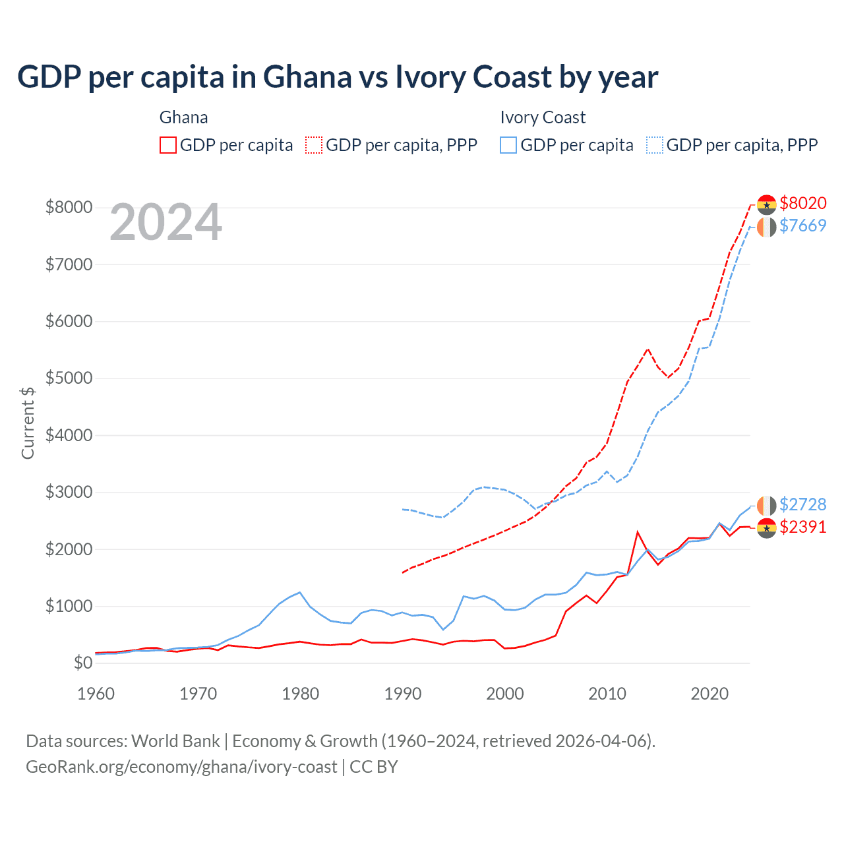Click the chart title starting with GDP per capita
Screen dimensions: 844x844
click(x=337, y=77)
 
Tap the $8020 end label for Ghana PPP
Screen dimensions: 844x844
click(x=802, y=203)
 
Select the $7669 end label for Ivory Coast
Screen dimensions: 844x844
click(x=802, y=226)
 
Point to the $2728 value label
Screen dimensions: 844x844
click(x=802, y=504)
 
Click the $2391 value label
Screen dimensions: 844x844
click(x=802, y=527)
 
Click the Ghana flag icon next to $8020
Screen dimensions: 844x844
click(x=766, y=204)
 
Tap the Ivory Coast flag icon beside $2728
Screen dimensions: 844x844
click(x=766, y=506)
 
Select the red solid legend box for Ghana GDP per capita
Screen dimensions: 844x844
click(x=168, y=145)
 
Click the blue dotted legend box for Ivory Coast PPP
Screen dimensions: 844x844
click(x=655, y=145)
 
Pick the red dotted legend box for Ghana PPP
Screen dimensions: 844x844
click(x=315, y=145)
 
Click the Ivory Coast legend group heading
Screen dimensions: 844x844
click(x=543, y=117)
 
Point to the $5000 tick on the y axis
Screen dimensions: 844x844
click(x=69, y=378)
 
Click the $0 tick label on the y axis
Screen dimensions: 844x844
click(x=82, y=663)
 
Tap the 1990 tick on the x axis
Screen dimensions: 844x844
click(x=402, y=694)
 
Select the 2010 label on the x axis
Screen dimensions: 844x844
click(x=607, y=694)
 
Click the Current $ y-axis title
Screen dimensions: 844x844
click(x=28, y=422)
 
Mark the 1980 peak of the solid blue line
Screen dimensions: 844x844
click(x=300, y=592)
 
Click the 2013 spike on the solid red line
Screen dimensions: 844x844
click(x=637, y=531)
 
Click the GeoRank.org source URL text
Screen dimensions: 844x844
click(x=181, y=767)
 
